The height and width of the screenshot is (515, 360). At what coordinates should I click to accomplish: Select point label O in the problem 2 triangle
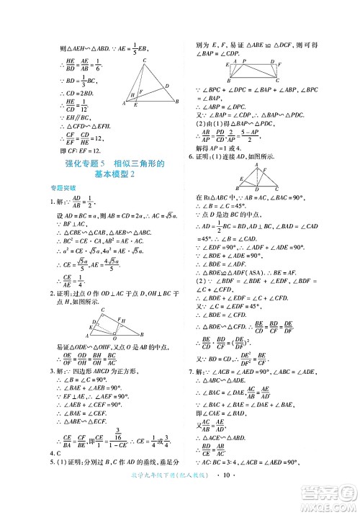115,338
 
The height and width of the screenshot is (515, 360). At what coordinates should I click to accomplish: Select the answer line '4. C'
53,453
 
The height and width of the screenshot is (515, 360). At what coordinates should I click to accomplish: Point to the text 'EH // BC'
73,115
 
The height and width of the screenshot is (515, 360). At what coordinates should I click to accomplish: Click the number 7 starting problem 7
190,371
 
